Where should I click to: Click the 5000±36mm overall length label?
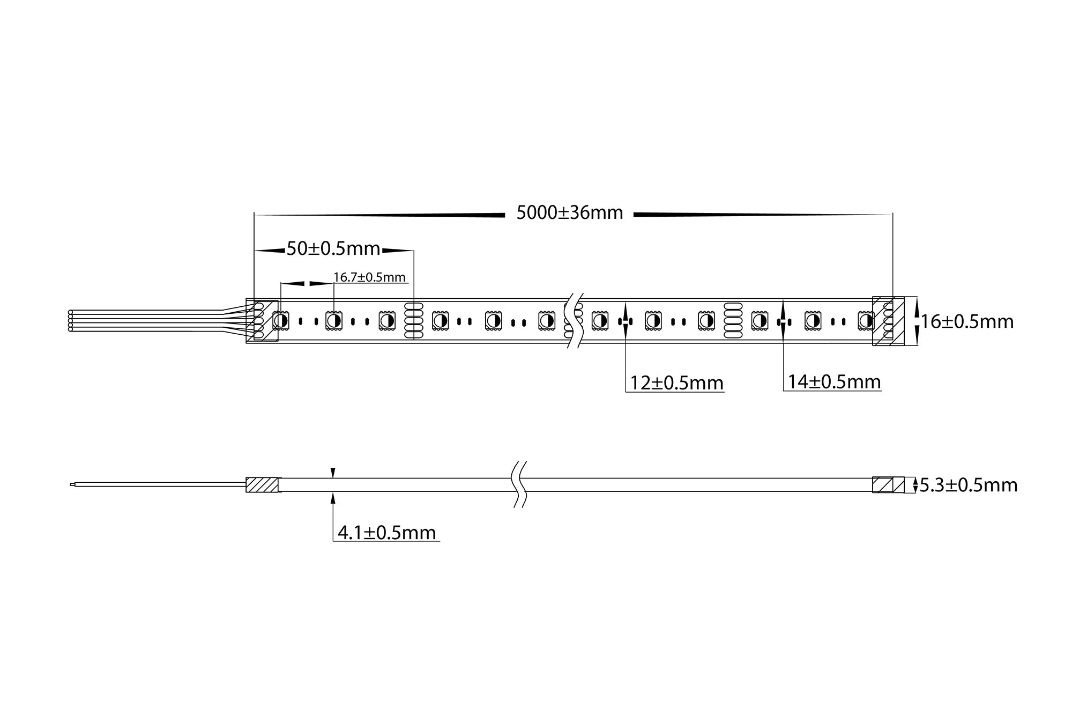[x=569, y=213]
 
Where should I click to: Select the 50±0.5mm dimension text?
[x=333, y=249]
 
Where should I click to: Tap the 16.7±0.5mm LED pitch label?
[x=369, y=277]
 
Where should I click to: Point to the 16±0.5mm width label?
[x=967, y=322]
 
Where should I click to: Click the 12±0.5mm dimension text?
[x=676, y=383]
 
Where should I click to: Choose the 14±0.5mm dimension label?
[x=834, y=382]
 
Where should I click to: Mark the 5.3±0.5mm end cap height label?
[x=968, y=485]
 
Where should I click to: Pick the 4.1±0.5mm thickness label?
[x=386, y=533]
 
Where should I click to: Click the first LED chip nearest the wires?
[x=280, y=321]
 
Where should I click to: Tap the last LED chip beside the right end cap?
[x=865, y=321]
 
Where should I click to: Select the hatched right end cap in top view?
[x=888, y=321]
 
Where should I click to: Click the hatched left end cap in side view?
[x=263, y=485]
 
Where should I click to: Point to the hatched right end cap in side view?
[x=888, y=485]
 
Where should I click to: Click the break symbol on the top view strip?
[x=575, y=321]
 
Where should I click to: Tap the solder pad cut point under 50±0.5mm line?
[x=413, y=321]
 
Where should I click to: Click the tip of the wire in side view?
[x=72, y=485]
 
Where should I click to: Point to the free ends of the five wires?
[x=71, y=321]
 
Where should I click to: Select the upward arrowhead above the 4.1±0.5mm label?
[x=333, y=497]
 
